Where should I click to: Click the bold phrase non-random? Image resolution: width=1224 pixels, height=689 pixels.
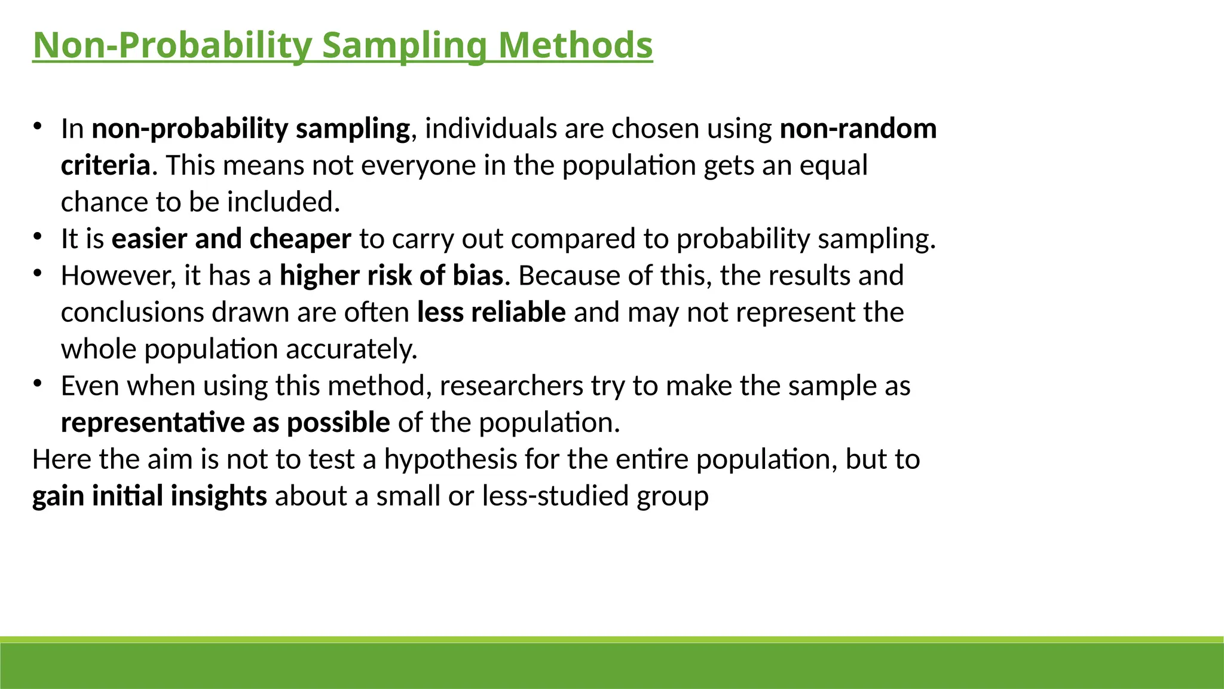[x=858, y=129]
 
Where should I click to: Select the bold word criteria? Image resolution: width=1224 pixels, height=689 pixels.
[x=105, y=166]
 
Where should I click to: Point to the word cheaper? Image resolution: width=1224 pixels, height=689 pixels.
[x=300, y=239]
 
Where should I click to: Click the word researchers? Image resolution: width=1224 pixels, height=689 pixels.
[x=511, y=386]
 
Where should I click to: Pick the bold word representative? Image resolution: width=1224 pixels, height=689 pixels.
[x=152, y=423]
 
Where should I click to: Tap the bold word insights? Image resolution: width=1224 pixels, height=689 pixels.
[x=219, y=496]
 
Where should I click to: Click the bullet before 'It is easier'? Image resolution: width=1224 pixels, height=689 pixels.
[x=37, y=237]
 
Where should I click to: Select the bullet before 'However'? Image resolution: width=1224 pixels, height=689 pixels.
[x=37, y=273]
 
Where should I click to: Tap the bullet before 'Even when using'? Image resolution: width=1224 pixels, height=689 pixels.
[x=37, y=383]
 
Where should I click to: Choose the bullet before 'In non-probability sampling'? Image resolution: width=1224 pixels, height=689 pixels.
[x=37, y=126]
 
